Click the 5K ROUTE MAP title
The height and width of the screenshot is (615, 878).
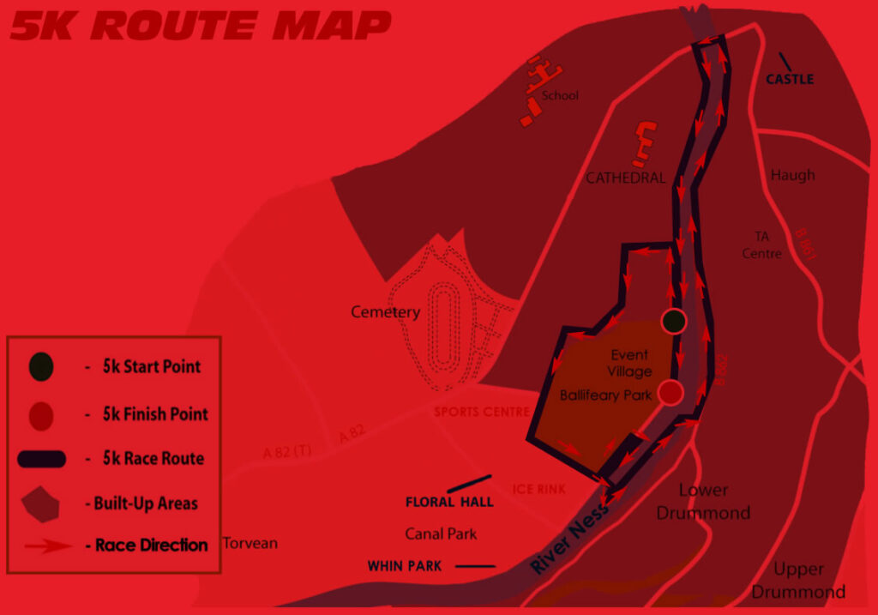click(199, 26)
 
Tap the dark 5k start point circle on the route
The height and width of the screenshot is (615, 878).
click(675, 321)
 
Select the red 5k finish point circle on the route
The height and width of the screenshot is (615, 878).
click(671, 392)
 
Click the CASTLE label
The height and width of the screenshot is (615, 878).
click(790, 79)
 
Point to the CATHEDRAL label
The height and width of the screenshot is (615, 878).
click(626, 178)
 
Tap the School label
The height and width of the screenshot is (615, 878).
click(561, 96)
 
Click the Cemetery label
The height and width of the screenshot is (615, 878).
click(386, 312)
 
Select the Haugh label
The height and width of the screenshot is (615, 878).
click(792, 175)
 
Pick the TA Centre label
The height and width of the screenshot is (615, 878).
click(762, 244)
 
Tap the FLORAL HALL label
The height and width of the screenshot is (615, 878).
click(449, 502)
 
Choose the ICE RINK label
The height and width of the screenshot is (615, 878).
click(539, 489)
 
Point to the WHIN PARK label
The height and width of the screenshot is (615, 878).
click(404, 566)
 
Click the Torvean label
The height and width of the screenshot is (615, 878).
click(250, 543)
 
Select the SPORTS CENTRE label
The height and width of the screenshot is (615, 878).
click(482, 412)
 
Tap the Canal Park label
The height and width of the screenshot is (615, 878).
click(441, 534)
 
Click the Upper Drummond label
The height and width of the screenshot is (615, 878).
click(798, 581)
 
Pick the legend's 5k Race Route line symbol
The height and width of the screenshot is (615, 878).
click(41, 459)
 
